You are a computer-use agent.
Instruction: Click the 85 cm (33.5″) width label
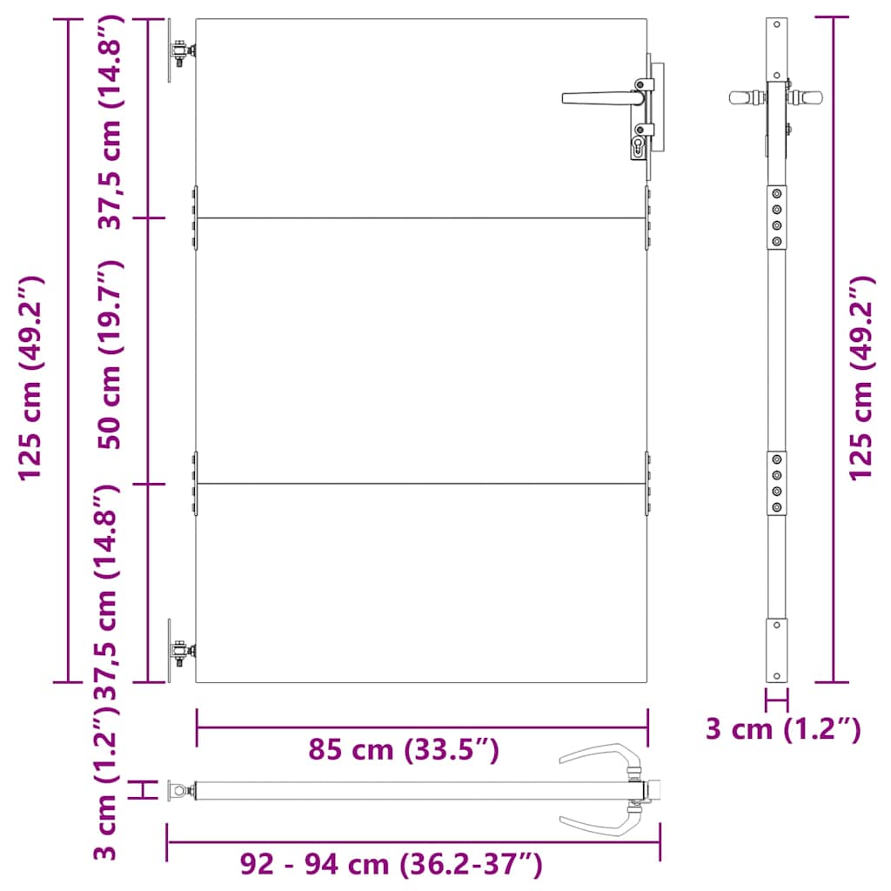coord(404,749)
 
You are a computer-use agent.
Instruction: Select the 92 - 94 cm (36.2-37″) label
coord(391,865)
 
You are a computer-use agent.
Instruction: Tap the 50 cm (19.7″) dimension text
coord(111,354)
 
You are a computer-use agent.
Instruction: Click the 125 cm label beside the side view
coord(861,378)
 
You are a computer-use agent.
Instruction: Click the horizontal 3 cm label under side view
coord(782,729)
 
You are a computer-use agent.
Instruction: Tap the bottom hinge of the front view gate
coord(180,651)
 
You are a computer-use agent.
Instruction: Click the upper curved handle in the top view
coord(600,755)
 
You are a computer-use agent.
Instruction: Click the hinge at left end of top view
coord(181,790)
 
